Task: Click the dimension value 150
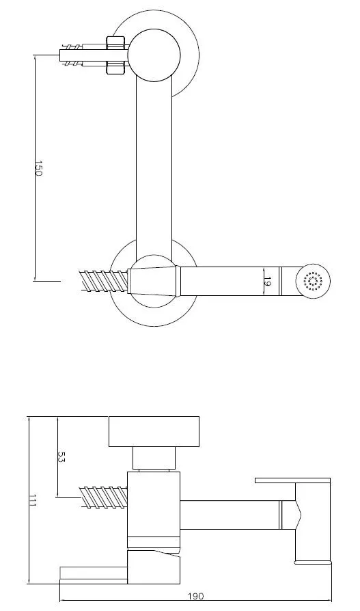pos(38,169)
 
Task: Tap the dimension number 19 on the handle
pos(268,281)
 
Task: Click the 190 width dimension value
pos(196,597)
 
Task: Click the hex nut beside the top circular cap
pos(116,55)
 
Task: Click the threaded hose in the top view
pos(104,281)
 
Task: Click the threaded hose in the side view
pos(104,496)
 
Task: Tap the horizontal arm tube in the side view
pos(229,514)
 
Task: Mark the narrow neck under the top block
pos(153,459)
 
